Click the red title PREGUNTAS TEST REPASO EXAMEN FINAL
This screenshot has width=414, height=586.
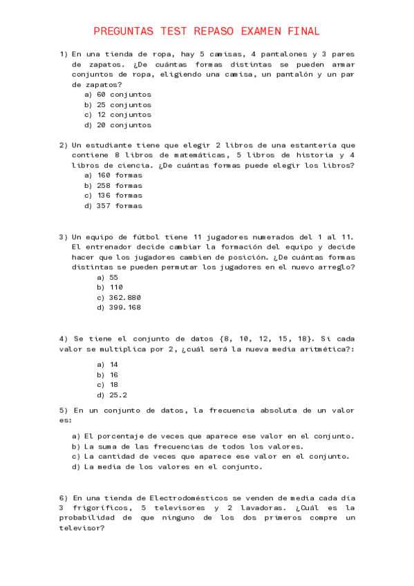(x=207, y=31)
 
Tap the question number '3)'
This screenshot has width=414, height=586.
(x=63, y=236)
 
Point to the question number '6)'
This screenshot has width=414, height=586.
(x=63, y=498)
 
